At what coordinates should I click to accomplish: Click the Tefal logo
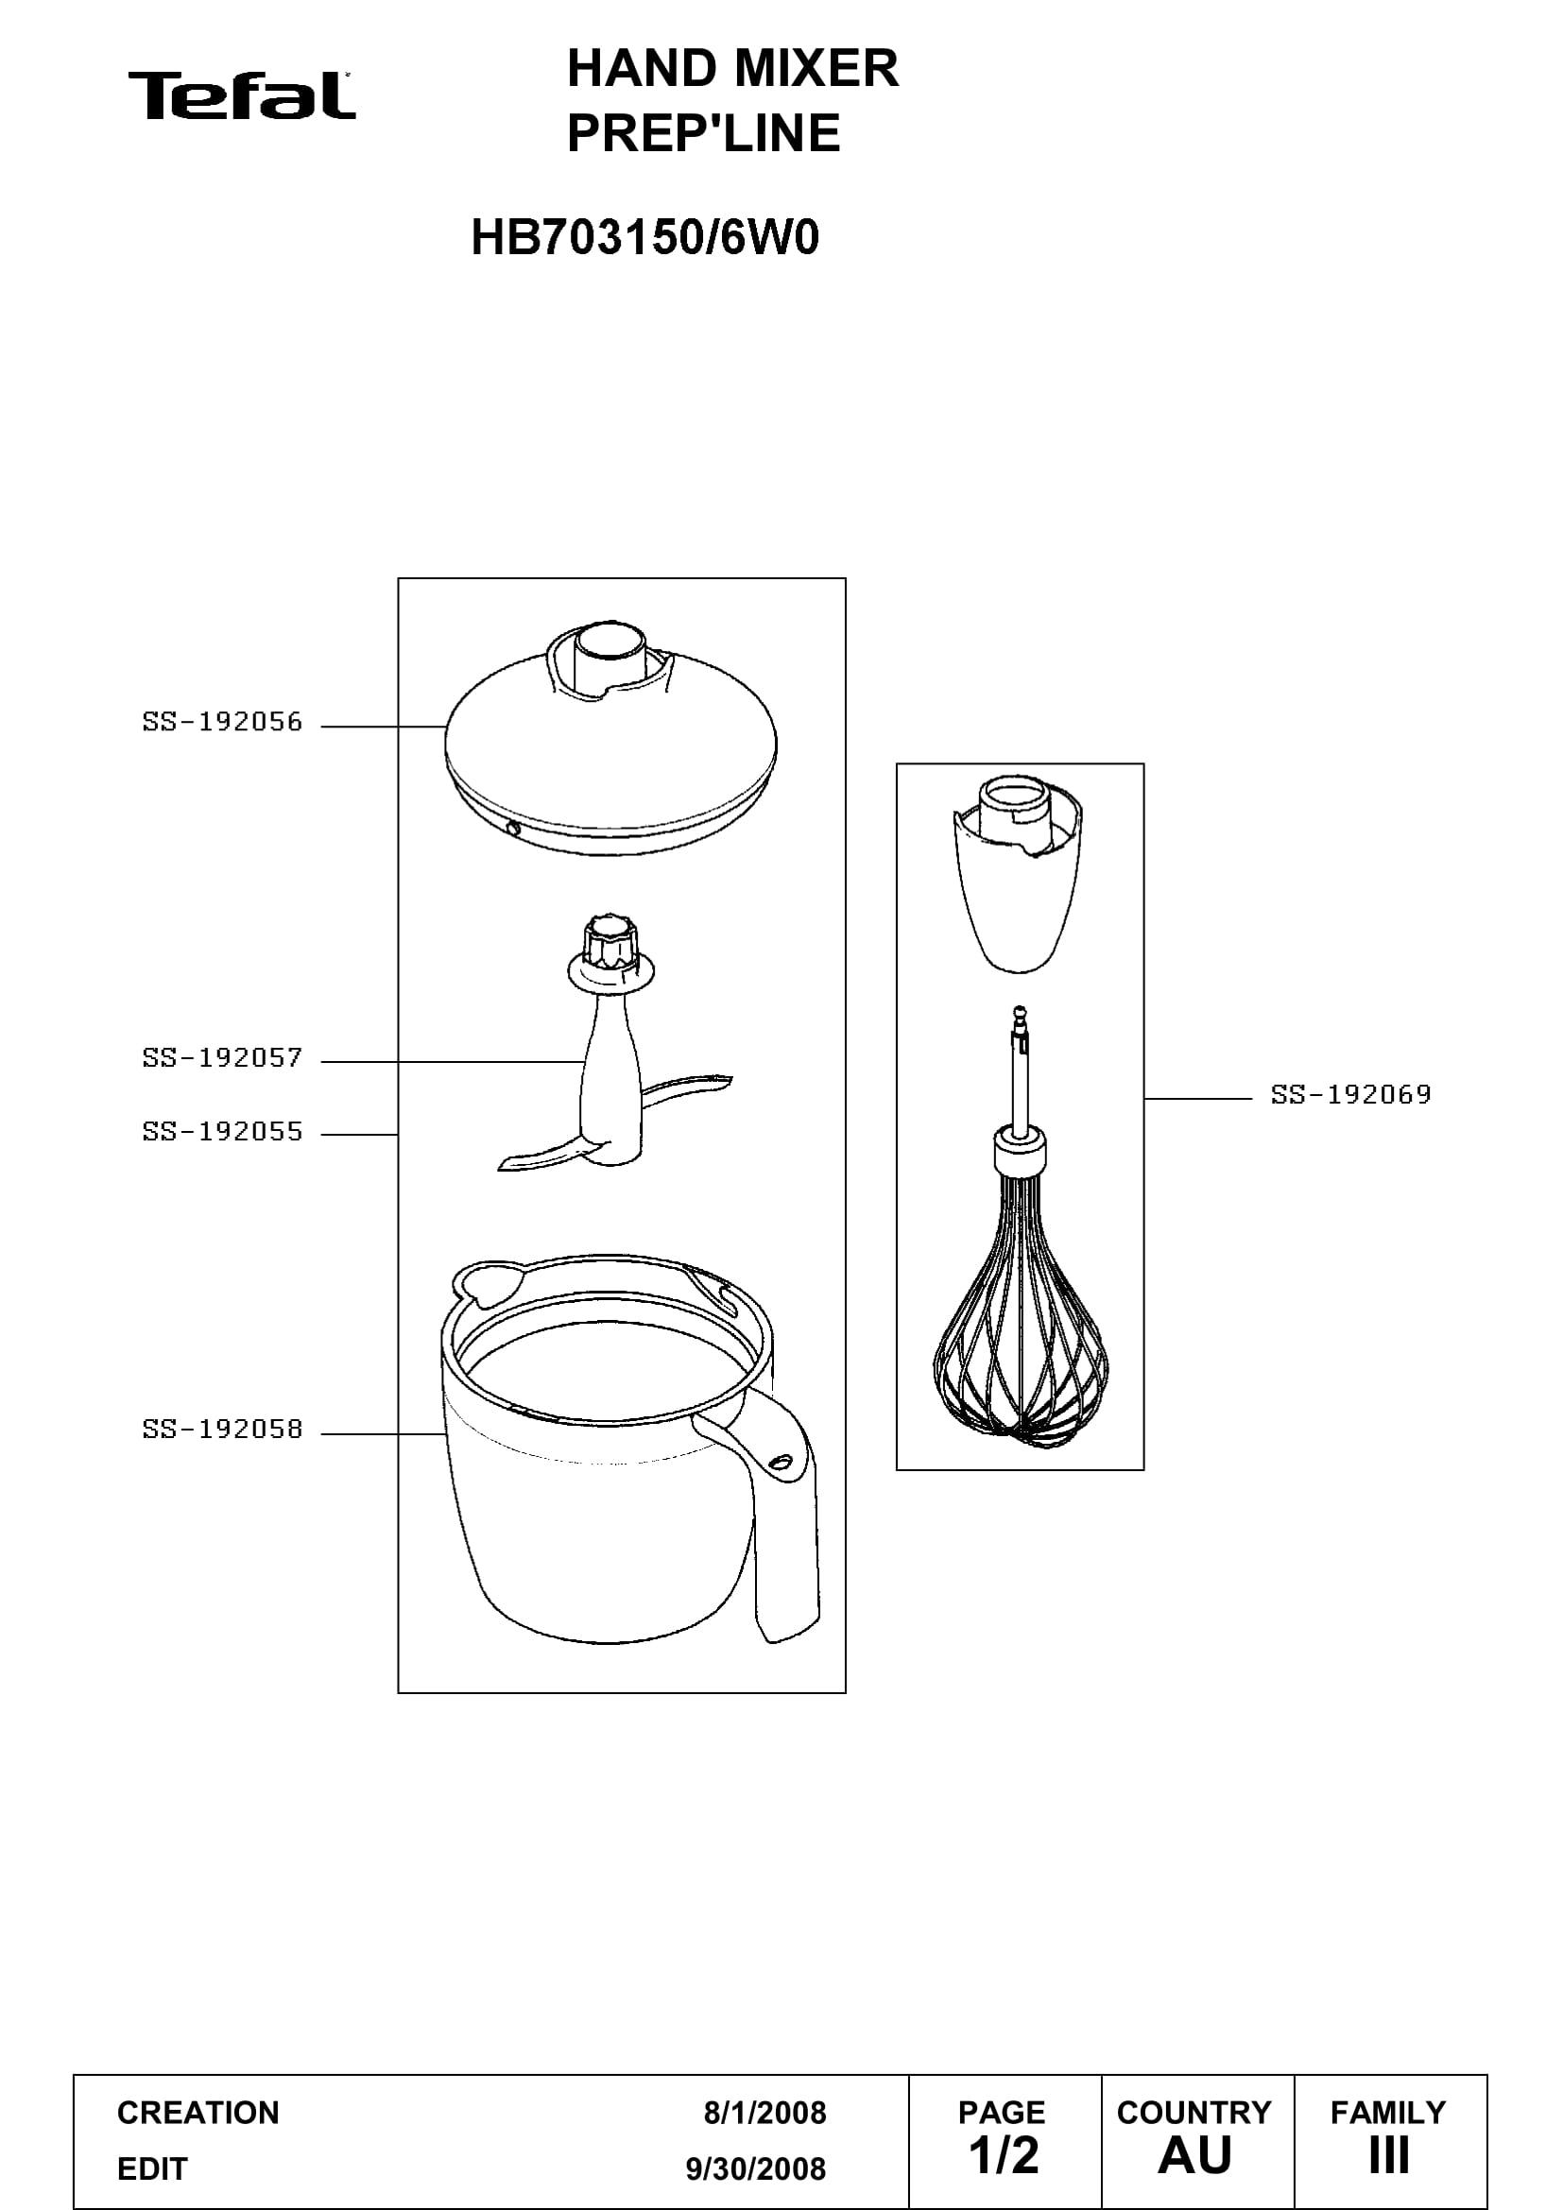point(242,95)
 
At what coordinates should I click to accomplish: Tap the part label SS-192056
point(222,722)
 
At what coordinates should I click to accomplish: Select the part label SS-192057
point(222,1058)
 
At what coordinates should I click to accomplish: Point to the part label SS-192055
point(222,1132)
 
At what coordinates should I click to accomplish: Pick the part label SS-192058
point(222,1430)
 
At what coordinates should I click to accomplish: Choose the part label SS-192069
point(1351,1094)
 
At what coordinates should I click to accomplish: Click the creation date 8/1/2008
point(765,2113)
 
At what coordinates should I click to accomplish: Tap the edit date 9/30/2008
point(756,2168)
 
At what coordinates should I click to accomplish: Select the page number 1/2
point(1004,2156)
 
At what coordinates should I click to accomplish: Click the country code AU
point(1194,2156)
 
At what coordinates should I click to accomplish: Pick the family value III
point(1389,2156)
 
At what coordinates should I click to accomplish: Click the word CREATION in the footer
point(198,2113)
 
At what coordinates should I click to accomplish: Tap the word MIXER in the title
point(816,68)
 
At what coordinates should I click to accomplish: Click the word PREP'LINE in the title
point(704,133)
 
